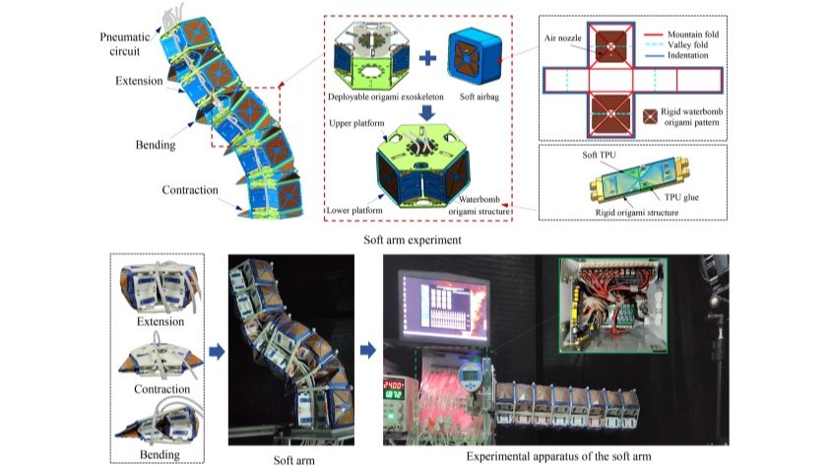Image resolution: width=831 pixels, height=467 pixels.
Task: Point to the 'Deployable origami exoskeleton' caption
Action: tap(387, 98)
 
